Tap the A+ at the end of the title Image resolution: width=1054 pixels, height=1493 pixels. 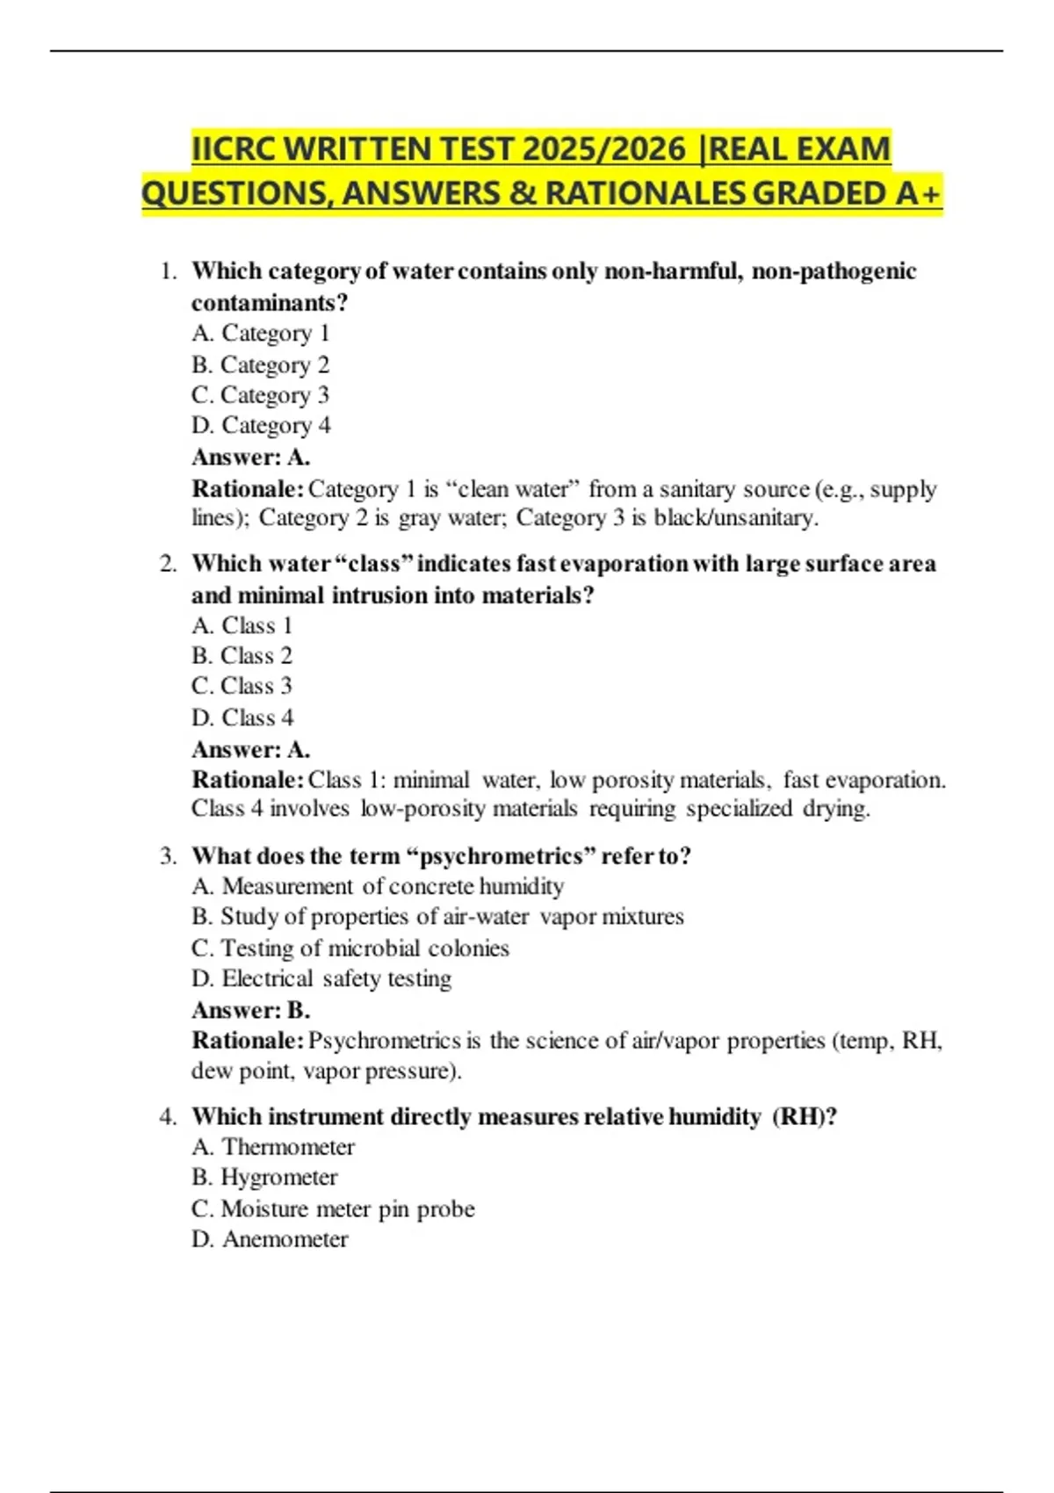tap(918, 193)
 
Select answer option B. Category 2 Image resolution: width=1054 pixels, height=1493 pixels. tap(260, 364)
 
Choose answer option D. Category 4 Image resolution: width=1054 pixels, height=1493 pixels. tap(261, 426)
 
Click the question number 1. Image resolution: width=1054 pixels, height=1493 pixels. tap(168, 271)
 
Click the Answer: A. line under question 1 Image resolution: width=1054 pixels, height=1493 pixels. tap(250, 458)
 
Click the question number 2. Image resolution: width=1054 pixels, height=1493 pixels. tap(168, 564)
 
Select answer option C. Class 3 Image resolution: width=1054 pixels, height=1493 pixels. tap(242, 686)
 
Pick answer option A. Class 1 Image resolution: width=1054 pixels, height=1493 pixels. tap(242, 625)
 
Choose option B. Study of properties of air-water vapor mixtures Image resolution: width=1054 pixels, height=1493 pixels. tap(437, 917)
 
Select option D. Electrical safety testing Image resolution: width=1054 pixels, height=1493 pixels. tap(321, 979)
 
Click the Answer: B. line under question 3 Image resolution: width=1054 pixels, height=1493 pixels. tap(250, 1010)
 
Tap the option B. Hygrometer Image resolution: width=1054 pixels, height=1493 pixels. tap(264, 1178)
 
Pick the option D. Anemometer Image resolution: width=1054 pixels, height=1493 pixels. tap(270, 1239)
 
